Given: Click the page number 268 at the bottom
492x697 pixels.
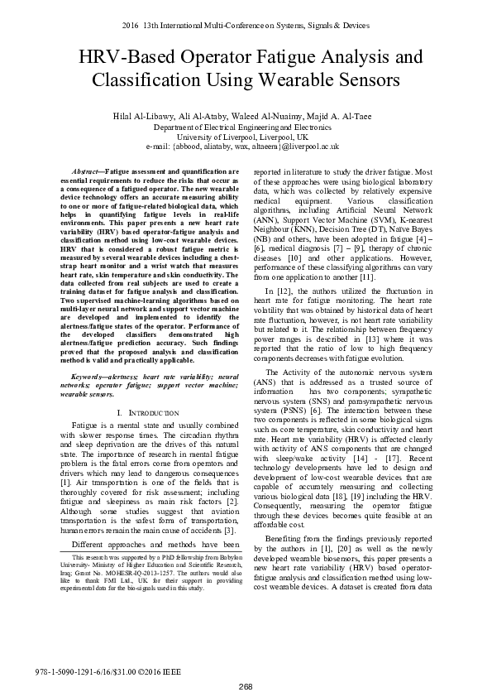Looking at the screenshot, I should point(246,686).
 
